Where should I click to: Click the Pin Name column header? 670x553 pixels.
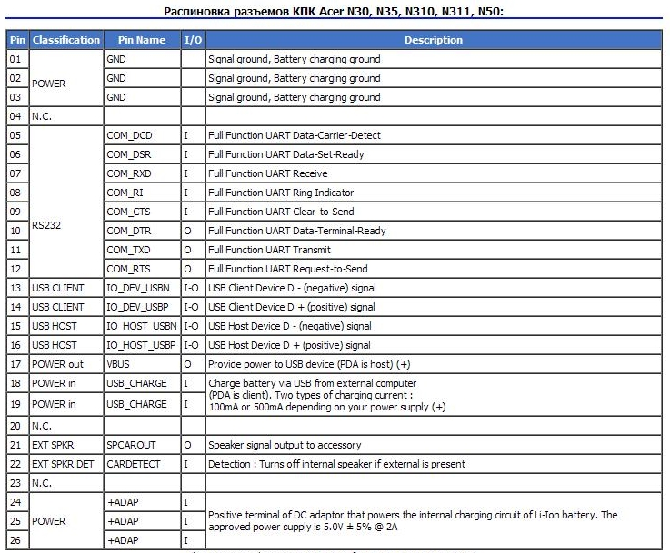pyautogui.click(x=142, y=40)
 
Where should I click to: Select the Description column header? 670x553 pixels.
pyautogui.click(x=434, y=40)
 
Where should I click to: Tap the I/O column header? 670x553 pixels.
pyautogui.click(x=193, y=40)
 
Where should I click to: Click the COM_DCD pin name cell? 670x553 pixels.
pyautogui.click(x=129, y=135)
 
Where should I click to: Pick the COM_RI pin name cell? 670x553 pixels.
pyautogui.click(x=125, y=193)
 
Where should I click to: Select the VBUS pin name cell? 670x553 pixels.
pyautogui.click(x=119, y=364)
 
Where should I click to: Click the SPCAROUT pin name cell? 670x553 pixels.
pyautogui.click(x=132, y=445)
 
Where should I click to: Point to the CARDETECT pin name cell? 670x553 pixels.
pyautogui.click(x=135, y=464)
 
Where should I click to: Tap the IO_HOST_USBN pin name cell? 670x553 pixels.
pyautogui.click(x=141, y=326)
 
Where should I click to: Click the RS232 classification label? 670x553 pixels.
pyautogui.click(x=46, y=221)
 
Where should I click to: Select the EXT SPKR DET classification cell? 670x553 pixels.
pyautogui.click(x=63, y=464)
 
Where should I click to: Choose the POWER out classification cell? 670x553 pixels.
pyautogui.click(x=57, y=364)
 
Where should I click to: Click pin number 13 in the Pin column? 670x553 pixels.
pyautogui.click(x=15, y=288)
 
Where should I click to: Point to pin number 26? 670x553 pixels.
pyautogui.click(x=15, y=540)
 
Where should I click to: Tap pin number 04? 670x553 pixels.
pyautogui.click(x=15, y=116)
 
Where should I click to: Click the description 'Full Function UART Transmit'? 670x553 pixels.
pyautogui.click(x=269, y=250)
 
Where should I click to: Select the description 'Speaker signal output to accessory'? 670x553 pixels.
pyautogui.click(x=285, y=445)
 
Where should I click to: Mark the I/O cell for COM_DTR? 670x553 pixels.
pyautogui.click(x=186, y=231)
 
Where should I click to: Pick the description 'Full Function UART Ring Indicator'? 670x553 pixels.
pyautogui.click(x=280, y=193)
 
